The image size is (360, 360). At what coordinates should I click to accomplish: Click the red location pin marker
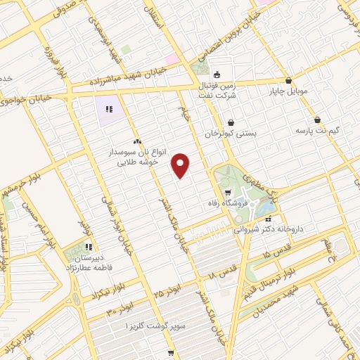click(x=181, y=165)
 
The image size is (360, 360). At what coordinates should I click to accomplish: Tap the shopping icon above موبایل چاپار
click(x=289, y=79)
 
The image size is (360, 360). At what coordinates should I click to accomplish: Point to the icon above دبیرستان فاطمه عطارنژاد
click(x=89, y=247)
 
